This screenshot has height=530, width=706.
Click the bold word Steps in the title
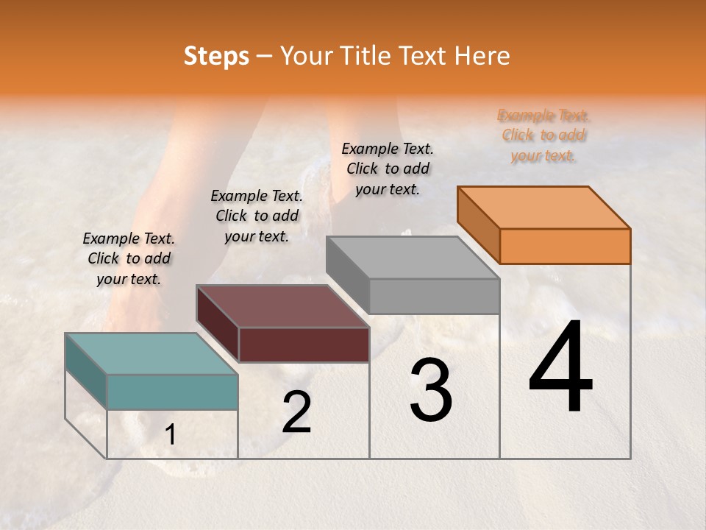(216, 56)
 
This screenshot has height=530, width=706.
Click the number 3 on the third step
(431, 390)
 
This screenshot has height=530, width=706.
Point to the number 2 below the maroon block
(296, 412)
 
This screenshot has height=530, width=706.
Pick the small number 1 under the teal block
(171, 435)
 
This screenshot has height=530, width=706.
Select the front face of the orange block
(565, 246)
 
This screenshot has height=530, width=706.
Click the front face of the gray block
(434, 296)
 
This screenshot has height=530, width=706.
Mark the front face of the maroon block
(304, 344)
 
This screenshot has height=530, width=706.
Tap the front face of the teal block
(173, 392)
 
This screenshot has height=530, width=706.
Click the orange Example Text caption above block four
(543, 135)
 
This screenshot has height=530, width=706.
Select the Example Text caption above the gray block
(388, 169)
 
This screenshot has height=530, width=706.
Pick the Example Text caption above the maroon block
(257, 216)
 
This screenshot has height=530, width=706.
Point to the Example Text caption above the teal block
(129, 258)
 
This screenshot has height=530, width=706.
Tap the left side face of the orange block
(478, 224)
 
